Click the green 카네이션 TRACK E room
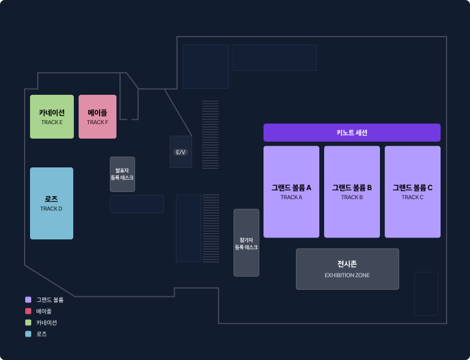[x=52, y=116]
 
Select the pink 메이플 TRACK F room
[x=97, y=116]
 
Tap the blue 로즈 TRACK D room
[x=52, y=203]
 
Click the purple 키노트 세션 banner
[x=352, y=133]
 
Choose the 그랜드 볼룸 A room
[x=291, y=191]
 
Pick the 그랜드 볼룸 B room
[x=352, y=191]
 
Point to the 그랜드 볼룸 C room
[x=412, y=191]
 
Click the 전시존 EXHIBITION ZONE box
[x=348, y=269]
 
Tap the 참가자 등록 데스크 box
[x=246, y=242]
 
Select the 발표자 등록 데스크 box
[x=122, y=174]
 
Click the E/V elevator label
[x=181, y=152]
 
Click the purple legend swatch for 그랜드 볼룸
[x=28, y=300]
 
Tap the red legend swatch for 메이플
[x=28, y=311]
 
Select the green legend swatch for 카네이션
[x=28, y=323]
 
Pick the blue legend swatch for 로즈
[x=28, y=334]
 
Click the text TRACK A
[x=291, y=197]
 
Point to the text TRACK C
[x=412, y=197]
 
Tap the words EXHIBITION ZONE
[x=347, y=275]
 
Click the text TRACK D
[x=51, y=209]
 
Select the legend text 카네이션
[x=46, y=323]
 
